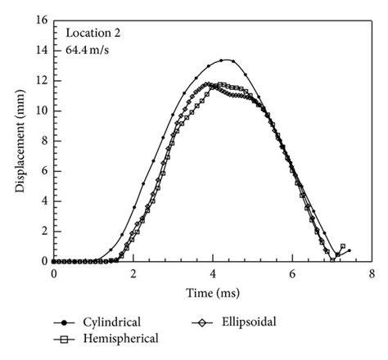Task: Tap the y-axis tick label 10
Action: click(41, 111)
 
